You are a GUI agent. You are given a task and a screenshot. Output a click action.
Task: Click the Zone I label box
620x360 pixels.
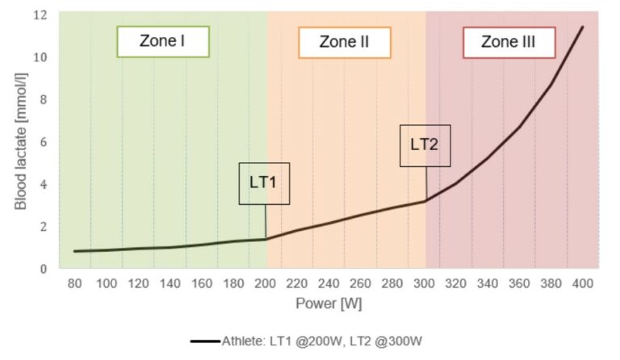(163, 42)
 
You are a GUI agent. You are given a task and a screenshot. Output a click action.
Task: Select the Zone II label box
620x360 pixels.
(345, 42)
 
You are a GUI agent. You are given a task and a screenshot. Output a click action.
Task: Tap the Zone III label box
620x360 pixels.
(509, 42)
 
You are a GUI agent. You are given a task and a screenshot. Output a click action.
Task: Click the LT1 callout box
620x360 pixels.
(264, 183)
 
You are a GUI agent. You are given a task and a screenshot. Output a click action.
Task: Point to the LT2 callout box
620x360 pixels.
(425, 145)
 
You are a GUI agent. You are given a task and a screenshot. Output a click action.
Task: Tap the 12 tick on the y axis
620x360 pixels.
(41, 15)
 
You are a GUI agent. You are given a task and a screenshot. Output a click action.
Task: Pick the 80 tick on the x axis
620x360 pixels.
(74, 284)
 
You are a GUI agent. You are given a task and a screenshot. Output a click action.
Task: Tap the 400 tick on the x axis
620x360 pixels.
(583, 284)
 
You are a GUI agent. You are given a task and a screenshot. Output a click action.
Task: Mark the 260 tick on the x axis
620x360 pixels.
(361, 284)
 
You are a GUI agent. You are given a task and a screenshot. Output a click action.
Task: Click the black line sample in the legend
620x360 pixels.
(205, 341)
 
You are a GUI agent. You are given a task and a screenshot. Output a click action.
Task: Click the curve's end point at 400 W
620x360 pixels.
(583, 27)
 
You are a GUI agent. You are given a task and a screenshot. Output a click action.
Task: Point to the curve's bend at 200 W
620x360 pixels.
(266, 239)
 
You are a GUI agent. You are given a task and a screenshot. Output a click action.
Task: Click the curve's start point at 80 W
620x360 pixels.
(74, 251)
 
